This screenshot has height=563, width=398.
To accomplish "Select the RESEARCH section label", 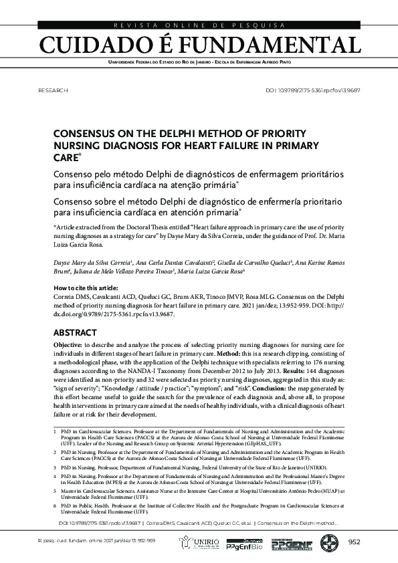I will pos(54,89).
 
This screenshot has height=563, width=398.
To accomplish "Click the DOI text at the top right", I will pos(313,89).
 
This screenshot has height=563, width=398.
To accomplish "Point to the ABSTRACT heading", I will pos(75,333).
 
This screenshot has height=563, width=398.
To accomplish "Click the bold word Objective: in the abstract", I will pos(68,344).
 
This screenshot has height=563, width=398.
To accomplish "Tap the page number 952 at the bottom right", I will pos(354,542).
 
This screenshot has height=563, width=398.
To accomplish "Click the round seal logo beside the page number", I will pos(329,542).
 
